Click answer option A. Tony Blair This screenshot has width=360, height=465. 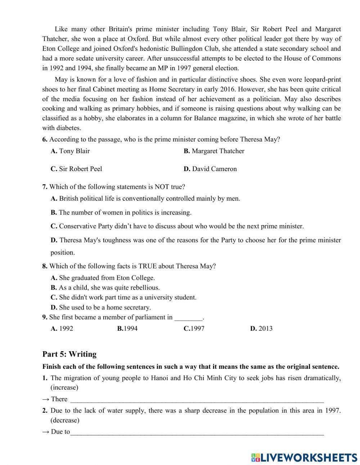coord(70,151)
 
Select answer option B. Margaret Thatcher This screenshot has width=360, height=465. coord(214,151)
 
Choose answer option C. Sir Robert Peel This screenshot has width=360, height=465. coord(76,169)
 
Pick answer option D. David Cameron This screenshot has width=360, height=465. coord(210,169)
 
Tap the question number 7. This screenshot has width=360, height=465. coord(45,187)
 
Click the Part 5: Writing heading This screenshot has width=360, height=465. coord(69,354)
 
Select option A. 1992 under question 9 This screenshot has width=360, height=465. coord(62,328)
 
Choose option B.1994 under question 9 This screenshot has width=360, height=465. coord(127,328)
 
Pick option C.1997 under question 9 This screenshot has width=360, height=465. coord(194,328)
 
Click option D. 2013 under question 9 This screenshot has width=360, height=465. coord(261,328)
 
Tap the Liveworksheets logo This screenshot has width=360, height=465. coord(304,457)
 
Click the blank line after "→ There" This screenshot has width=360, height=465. coord(197,399)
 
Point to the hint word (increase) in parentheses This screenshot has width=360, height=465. coord(64,388)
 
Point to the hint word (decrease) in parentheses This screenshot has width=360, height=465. coord(65,420)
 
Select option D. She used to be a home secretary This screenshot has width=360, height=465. coord(100,307)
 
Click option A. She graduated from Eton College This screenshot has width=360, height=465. coord(103,278)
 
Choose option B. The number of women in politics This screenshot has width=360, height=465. coord(121,213)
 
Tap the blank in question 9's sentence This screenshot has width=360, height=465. coord(188,318)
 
